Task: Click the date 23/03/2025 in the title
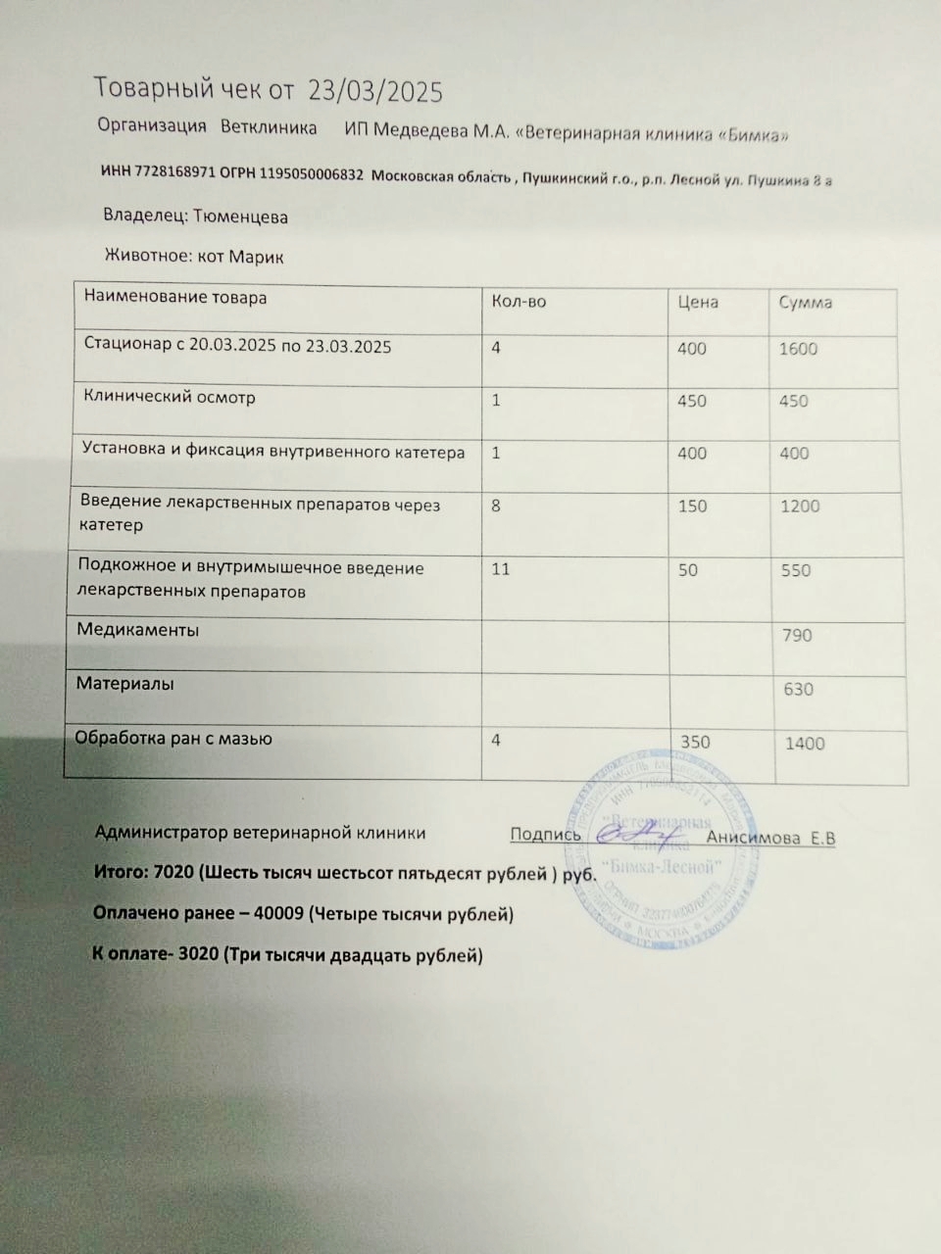point(375,91)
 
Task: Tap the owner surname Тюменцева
point(240,217)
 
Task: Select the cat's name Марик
point(256,257)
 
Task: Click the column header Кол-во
point(519,302)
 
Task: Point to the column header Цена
point(698,302)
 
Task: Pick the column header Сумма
point(805,302)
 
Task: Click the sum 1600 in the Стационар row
point(798,349)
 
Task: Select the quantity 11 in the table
point(500,568)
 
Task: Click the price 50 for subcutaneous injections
point(688,570)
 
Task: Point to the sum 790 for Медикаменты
point(797,635)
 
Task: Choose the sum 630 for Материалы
point(798,689)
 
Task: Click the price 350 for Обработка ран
point(695,742)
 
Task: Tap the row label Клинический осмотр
point(170,398)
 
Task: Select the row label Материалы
point(125,684)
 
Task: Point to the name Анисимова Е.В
point(770,838)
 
